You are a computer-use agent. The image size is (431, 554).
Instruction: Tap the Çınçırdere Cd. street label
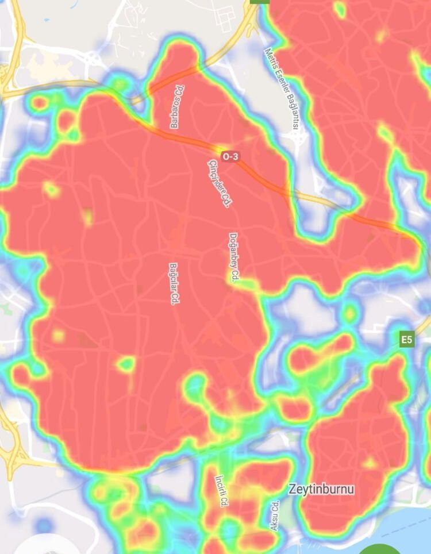coord(218,183)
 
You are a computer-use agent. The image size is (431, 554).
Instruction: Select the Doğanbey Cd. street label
coord(233,257)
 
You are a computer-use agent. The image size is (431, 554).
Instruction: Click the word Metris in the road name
coord(271,58)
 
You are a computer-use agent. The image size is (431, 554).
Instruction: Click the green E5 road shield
coord(406,340)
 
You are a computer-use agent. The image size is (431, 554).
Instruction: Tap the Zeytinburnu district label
coord(321,490)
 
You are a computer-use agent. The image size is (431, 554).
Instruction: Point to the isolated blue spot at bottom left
coord(44,525)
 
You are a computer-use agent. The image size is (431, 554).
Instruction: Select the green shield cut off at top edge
coord(260,2)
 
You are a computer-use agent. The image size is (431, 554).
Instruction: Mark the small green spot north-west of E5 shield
coord(349,314)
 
